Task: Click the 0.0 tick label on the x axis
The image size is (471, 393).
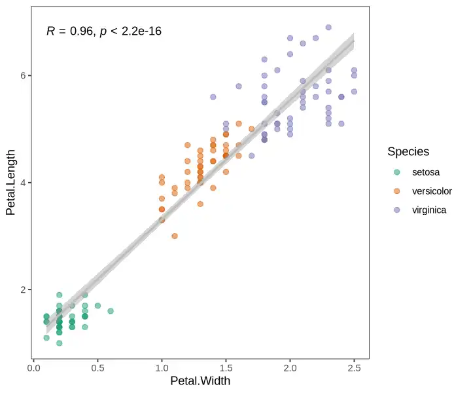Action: click(33, 368)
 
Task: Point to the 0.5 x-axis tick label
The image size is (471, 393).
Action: click(97, 368)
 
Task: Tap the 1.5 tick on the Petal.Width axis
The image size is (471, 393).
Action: click(226, 368)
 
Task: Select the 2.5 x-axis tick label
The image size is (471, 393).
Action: click(354, 368)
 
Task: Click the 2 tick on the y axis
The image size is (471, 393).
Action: click(24, 290)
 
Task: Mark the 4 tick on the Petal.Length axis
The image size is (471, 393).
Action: click(24, 183)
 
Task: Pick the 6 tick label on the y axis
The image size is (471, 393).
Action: click(24, 75)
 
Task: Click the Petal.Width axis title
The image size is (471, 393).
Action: click(200, 381)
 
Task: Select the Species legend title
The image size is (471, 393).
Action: click(408, 152)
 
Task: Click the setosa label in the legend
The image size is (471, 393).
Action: click(426, 172)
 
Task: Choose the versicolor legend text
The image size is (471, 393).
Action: click(432, 191)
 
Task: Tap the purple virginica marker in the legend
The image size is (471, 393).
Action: click(397, 210)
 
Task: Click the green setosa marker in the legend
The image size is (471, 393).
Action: click(397, 172)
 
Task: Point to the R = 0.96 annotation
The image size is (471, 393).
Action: click(68, 31)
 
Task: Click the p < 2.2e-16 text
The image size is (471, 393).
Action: click(131, 31)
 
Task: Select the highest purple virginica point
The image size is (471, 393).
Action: click(328, 28)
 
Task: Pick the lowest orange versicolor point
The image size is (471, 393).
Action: click(175, 236)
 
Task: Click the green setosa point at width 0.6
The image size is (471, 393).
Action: click(111, 311)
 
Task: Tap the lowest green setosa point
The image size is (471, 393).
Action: click(59, 343)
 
